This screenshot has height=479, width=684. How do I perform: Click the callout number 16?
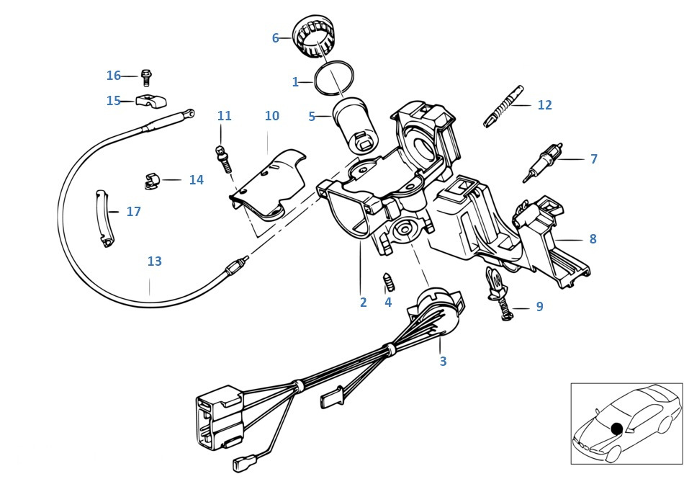tap(114, 76)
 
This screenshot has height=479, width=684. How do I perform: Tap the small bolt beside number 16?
tap(147, 76)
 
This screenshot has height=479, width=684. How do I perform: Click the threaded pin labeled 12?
tap(505, 105)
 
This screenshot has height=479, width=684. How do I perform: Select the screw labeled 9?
tap(500, 296)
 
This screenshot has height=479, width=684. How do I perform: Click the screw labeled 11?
tap(223, 156)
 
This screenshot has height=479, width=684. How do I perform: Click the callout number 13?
tap(155, 261)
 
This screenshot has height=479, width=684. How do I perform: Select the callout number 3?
tap(443, 361)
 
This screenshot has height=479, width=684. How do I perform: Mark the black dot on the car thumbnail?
tap(616, 429)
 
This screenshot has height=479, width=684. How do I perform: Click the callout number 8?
tap(593, 238)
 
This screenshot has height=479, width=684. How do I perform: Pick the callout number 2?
tap(363, 303)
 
